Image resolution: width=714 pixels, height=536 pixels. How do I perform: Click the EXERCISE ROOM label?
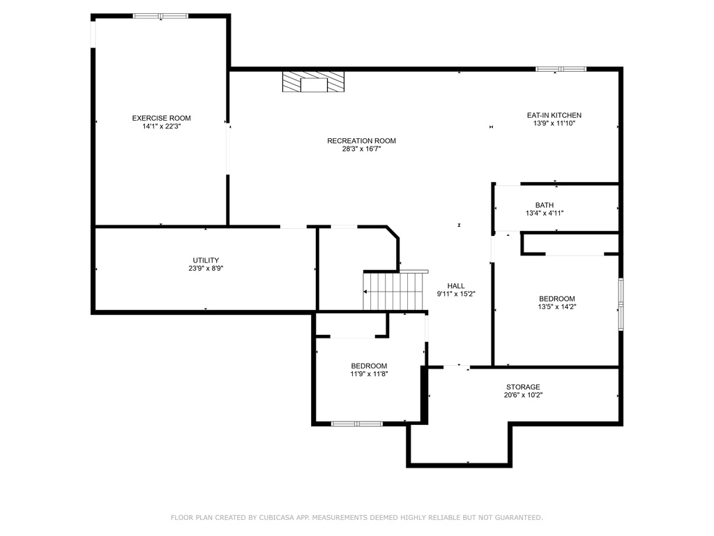tap(161, 118)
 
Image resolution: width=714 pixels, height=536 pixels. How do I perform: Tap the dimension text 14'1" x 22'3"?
tap(162, 126)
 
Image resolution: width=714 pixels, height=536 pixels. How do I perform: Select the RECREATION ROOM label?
tap(362, 141)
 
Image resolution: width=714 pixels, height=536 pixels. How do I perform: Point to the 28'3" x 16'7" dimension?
tap(362, 149)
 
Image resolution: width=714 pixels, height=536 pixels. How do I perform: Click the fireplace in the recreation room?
tap(313, 82)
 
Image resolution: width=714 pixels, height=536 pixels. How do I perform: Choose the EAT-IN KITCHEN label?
tap(554, 115)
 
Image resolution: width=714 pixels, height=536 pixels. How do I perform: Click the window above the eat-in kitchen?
tap(561, 69)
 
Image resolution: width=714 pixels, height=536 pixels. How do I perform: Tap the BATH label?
tap(545, 205)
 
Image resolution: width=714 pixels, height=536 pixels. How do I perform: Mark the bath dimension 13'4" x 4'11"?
tap(545, 214)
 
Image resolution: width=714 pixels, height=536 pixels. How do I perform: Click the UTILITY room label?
tap(206, 260)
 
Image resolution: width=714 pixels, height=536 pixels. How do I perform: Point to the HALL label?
tap(456, 285)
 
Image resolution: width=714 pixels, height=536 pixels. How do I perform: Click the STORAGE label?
tap(523, 387)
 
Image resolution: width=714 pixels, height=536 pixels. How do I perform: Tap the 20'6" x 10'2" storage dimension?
tap(523, 395)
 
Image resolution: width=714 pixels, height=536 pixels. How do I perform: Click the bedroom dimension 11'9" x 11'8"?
tap(369, 374)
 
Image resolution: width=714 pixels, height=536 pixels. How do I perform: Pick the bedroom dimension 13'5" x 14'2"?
tap(557, 307)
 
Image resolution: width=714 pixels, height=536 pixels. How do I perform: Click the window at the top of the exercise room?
tap(161, 17)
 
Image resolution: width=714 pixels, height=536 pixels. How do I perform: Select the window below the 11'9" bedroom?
tap(357, 424)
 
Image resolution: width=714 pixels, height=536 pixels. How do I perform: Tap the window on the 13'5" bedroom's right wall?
tap(621, 304)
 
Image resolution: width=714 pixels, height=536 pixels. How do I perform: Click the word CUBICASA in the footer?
tap(276, 518)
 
